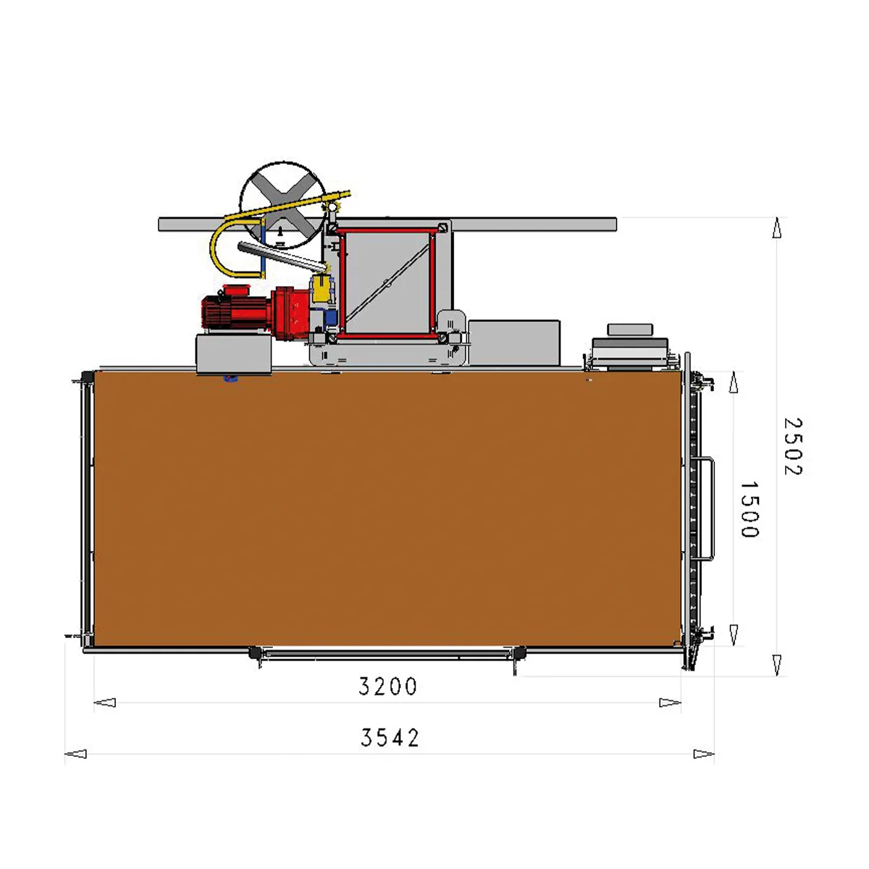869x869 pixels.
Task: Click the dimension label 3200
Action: (387, 687)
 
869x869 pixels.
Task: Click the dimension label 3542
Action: (390, 738)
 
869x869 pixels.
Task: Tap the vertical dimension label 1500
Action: (750, 510)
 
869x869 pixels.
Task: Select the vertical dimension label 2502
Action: (793, 447)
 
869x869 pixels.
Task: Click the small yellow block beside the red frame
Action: (322, 289)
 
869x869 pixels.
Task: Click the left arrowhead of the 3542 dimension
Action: (76, 754)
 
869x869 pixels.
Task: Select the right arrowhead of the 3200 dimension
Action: (670, 702)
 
